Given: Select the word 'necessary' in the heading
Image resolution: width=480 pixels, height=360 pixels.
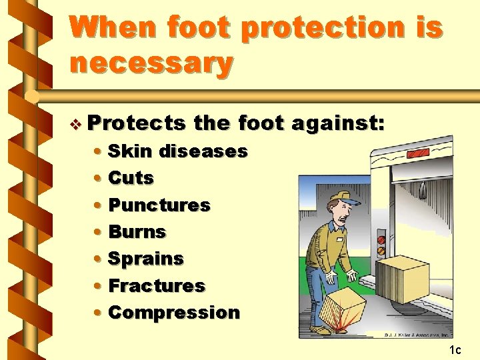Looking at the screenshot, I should click(x=151, y=63).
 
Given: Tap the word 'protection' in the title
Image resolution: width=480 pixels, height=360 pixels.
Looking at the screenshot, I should click(x=322, y=27).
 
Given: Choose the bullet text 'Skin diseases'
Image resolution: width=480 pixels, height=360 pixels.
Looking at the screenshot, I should click(x=177, y=151).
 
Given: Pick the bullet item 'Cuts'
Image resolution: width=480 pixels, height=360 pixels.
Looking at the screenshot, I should click(x=131, y=178).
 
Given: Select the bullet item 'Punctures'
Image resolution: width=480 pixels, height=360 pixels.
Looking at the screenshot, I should click(x=159, y=205).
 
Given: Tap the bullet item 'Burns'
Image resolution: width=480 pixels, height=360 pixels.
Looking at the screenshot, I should click(x=137, y=232).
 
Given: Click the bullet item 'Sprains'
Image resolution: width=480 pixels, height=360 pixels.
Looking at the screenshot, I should click(x=145, y=259).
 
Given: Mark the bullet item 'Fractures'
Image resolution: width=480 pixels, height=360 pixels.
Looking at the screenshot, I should click(x=156, y=285).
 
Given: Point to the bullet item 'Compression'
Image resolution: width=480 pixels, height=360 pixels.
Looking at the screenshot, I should click(x=173, y=312).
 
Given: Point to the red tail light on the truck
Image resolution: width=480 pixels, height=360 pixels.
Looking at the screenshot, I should click(x=381, y=239).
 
